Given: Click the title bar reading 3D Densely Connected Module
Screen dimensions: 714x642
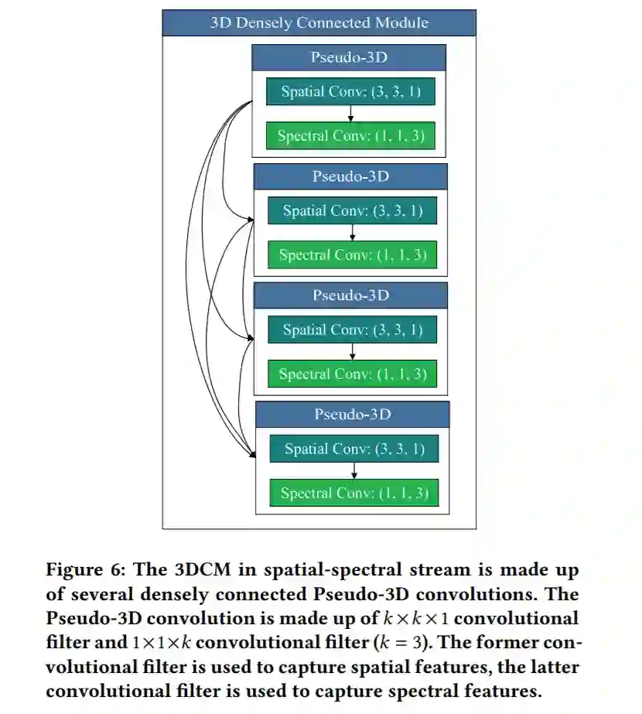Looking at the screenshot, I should coord(319,22).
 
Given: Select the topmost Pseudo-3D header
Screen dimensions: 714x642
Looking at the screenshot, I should coord(349,58).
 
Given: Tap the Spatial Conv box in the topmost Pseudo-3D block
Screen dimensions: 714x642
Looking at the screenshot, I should coord(350,92).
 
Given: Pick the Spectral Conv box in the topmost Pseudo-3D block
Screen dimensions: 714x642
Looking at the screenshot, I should coord(350,136).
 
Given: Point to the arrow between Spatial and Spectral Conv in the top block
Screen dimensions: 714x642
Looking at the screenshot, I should coord(351,114).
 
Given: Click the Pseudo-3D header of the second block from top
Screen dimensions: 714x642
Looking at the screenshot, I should coord(350,176).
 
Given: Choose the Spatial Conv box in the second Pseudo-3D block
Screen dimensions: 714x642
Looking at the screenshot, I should coord(352,210).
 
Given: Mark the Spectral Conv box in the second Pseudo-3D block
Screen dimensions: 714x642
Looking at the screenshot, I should coord(352,255).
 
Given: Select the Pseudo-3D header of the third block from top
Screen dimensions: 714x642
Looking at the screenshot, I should coord(350,296).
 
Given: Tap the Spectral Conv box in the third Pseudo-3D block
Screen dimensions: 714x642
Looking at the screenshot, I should coord(352,374).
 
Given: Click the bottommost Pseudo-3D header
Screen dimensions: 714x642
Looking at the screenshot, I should coord(352,415).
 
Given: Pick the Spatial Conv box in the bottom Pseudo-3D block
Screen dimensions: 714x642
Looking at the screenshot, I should coord(353,449).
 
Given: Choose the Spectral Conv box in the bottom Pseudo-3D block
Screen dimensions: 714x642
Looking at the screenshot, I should coord(353,493).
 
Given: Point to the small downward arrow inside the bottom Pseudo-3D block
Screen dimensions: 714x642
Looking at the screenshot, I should coord(353,470).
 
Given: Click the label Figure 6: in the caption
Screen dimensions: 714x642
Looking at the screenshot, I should coord(86,570).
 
